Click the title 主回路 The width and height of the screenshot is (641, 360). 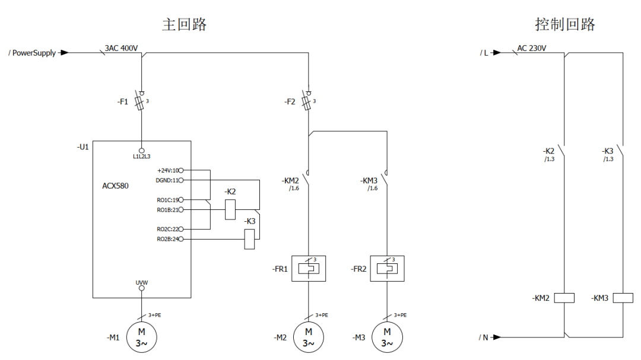185,25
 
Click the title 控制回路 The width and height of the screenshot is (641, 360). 564,25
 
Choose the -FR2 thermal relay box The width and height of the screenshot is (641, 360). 387,269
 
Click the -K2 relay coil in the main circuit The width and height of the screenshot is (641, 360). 230,210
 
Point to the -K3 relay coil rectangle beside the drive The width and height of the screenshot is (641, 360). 250,239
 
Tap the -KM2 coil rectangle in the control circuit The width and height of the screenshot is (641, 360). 564,298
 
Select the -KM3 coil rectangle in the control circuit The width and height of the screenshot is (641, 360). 623,298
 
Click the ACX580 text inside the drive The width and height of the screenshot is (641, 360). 115,186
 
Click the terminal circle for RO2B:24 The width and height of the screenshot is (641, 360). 180,239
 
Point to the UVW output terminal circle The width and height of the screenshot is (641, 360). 141,288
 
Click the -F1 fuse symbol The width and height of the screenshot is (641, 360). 141,101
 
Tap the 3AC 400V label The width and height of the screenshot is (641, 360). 121,48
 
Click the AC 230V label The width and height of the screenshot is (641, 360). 532,48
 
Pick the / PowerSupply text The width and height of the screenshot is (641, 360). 33,53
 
